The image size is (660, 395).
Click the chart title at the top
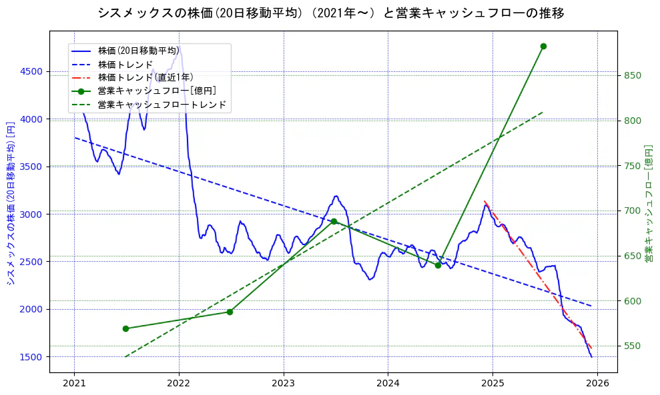330,13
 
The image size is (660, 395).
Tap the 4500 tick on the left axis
31,72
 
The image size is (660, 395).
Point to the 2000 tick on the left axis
31,309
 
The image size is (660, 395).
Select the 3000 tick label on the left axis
31,214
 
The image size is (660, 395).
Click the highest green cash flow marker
543,46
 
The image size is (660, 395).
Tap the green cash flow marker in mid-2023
334,221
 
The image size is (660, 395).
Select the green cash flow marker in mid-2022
230,312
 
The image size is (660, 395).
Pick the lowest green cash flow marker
125,328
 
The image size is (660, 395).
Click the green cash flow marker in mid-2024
438,265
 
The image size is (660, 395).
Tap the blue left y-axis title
10,203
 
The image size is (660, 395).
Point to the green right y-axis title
649,203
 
